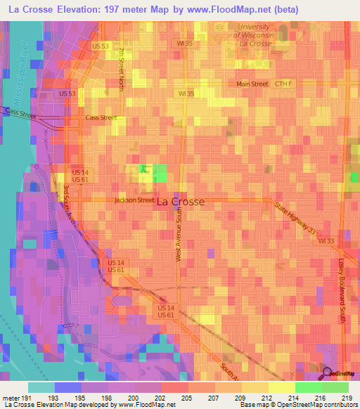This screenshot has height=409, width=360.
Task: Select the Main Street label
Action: click(252, 84)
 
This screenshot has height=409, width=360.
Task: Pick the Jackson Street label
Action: click(134, 200)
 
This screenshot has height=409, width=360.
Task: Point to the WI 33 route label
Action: click(326, 240)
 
